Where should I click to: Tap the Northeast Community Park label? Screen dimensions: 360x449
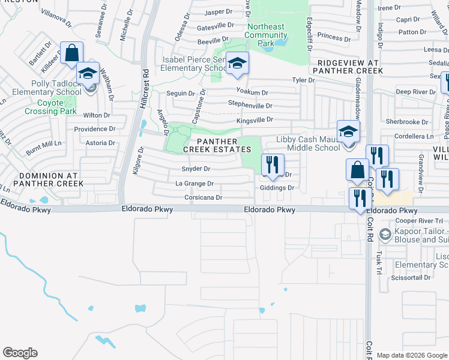266,35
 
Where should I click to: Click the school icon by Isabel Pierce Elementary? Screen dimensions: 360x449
238,63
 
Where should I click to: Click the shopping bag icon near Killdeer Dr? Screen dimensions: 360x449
72,53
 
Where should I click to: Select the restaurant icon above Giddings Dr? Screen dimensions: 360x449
273,164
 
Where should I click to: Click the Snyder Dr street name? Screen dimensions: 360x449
196,169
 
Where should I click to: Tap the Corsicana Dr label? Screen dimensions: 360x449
203,197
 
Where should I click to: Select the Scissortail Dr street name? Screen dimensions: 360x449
411,277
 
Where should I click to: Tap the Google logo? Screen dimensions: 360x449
20,353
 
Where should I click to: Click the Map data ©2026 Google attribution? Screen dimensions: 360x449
412,355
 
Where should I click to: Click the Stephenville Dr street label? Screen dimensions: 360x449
251,104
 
